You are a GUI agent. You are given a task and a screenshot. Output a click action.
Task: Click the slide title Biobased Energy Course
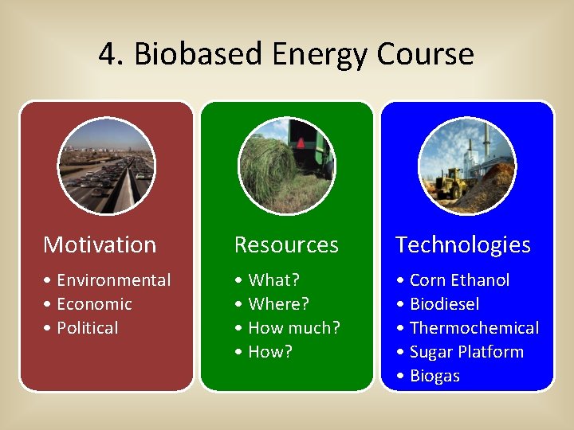(304, 54)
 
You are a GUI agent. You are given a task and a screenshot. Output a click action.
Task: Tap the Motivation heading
(100, 244)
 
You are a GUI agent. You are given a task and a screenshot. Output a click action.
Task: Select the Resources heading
(285, 244)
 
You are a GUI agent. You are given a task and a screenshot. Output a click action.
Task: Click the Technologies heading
(462, 244)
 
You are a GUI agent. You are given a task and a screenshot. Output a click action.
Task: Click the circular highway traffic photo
(106, 166)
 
